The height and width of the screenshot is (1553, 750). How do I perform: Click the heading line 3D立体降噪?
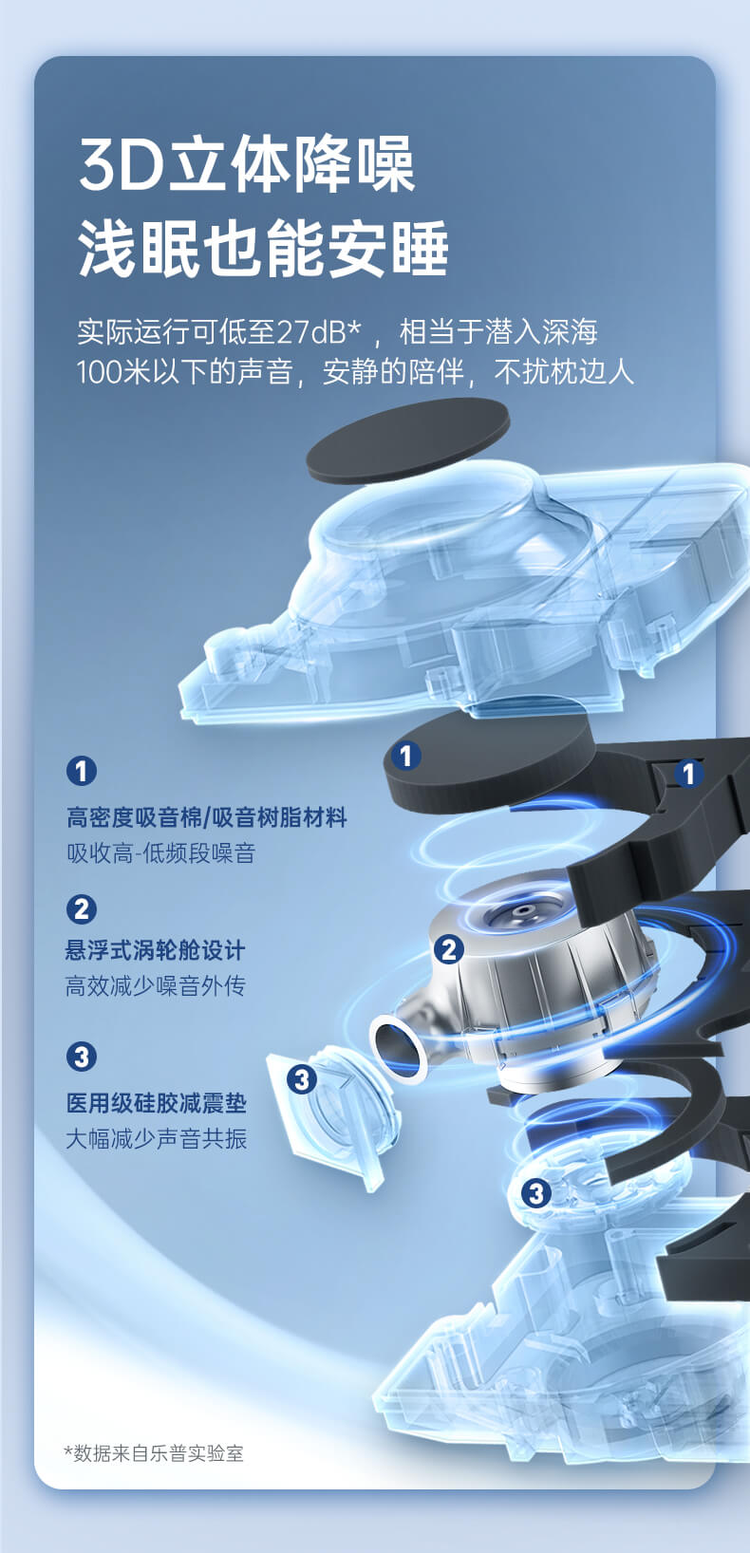click(247, 164)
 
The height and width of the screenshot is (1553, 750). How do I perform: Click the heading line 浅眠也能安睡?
click(263, 248)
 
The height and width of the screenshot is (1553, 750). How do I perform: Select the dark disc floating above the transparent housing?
click(408, 440)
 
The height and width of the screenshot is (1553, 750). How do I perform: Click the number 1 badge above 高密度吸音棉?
click(82, 771)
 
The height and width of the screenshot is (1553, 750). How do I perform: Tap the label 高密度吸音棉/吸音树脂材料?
click(207, 817)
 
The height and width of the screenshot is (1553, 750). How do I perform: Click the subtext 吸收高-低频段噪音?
click(161, 852)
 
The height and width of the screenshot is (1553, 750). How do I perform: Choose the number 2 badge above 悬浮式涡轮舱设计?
click(82, 908)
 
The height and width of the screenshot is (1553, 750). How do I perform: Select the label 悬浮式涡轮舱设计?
click(156, 950)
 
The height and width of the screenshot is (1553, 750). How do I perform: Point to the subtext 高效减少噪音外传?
click(156, 985)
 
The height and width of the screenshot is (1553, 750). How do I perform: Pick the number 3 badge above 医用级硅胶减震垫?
click(82, 1057)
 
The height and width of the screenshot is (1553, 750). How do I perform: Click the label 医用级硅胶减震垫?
click(157, 1103)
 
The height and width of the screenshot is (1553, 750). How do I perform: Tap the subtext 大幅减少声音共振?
click(157, 1138)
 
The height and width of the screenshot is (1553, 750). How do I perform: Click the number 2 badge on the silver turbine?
click(448, 949)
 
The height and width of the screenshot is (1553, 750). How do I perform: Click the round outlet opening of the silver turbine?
click(399, 1047)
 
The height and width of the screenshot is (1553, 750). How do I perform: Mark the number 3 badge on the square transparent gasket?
click(302, 1078)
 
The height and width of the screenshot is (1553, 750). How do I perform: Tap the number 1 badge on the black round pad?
click(405, 755)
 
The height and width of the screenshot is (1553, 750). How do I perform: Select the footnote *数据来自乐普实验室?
click(153, 1452)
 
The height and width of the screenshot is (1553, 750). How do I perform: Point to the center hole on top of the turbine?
click(525, 908)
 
